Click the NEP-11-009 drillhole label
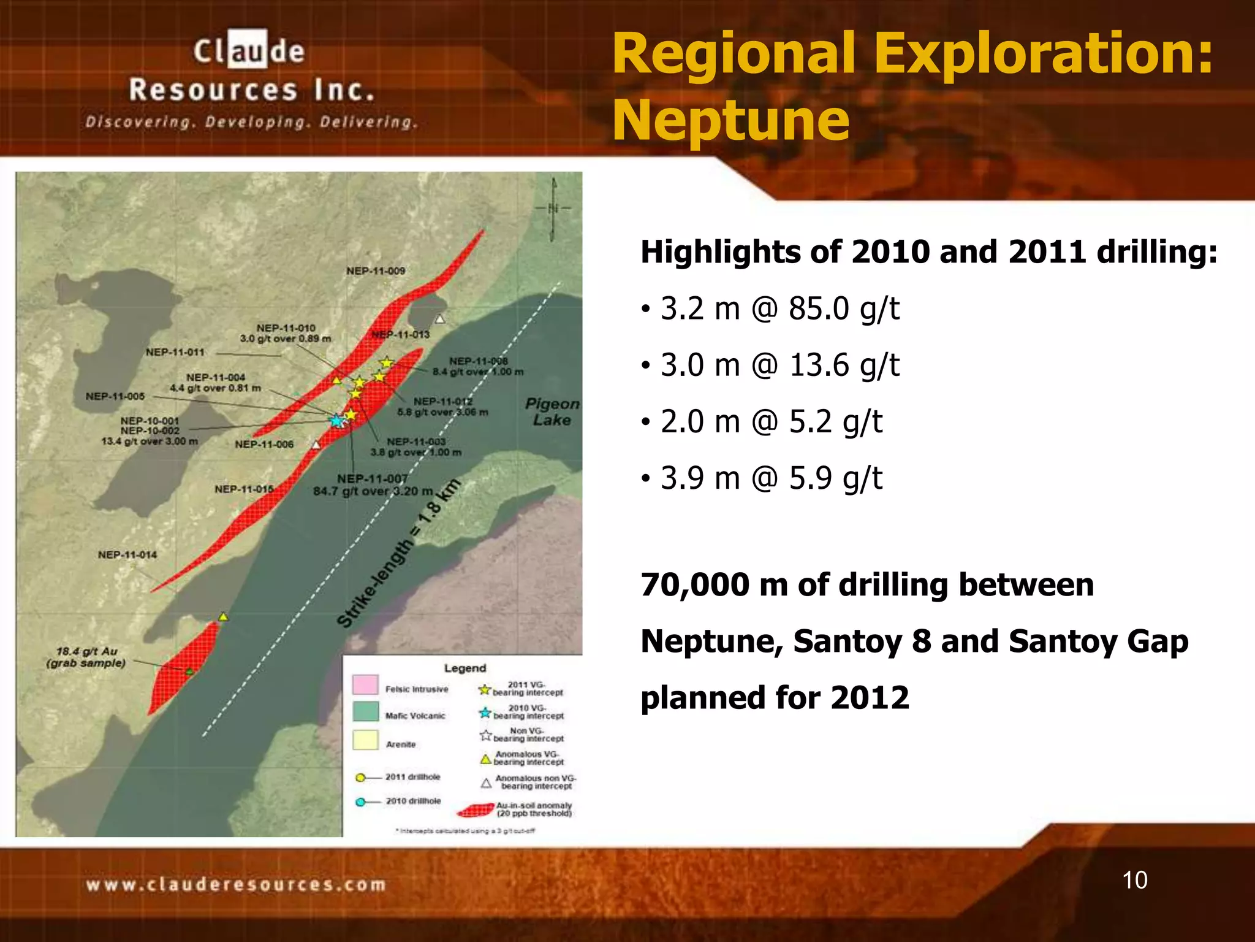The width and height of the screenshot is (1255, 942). coord(376,271)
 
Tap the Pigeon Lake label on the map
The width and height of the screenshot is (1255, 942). coord(552,412)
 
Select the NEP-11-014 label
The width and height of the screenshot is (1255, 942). coord(127,555)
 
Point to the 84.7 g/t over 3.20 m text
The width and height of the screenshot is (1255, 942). coord(373,491)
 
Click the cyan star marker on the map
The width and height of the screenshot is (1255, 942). coord(336,421)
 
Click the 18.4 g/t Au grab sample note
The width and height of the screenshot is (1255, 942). coord(86,657)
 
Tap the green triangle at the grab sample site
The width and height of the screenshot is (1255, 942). coord(189,672)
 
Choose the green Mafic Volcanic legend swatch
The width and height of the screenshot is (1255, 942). coord(365,712)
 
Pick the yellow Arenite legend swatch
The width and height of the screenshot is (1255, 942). coord(365,740)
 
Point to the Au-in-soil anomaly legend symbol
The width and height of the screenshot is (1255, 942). coord(476,811)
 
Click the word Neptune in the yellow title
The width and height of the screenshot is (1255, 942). coord(731,120)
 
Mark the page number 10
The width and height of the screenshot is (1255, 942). coord(1134,880)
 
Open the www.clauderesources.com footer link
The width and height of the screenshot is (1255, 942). coord(236,885)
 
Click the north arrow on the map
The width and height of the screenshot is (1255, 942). coord(553,209)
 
